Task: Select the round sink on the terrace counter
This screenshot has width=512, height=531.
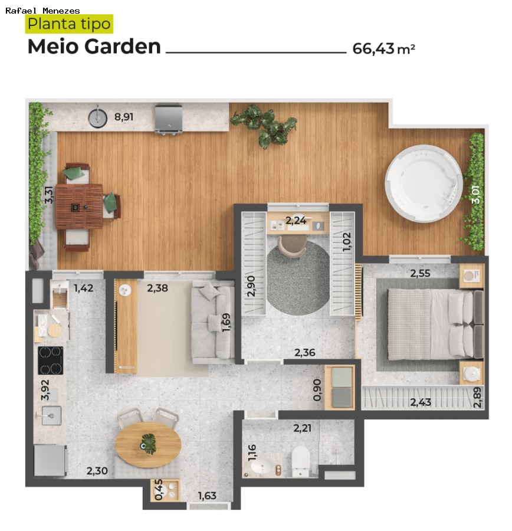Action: tap(98, 117)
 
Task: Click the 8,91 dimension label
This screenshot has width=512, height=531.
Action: tap(124, 117)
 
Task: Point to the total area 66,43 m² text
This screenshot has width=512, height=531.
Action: tap(383, 48)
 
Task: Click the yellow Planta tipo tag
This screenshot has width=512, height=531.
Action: tap(69, 24)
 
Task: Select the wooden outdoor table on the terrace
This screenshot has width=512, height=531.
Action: tap(79, 206)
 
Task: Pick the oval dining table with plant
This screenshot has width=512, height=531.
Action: tap(147, 445)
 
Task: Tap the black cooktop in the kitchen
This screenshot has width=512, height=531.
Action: tap(51, 360)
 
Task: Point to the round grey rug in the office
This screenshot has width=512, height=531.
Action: tap(298, 280)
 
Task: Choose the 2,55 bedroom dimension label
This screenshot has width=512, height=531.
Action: tap(421, 273)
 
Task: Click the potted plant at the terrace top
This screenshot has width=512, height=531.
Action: tap(265, 123)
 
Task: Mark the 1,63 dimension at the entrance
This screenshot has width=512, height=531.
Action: tap(207, 496)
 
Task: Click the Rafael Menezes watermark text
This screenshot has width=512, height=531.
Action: tap(42, 10)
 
